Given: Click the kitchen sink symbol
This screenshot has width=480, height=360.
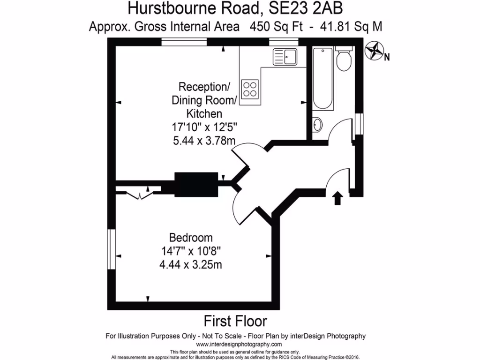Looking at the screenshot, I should pyautogui.click(x=285, y=57).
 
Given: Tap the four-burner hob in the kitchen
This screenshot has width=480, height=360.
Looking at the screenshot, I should pyautogui.click(x=250, y=89).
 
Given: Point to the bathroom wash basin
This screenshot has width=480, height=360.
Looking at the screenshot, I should pyautogui.click(x=317, y=125).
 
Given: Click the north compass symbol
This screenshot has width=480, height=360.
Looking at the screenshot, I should pyautogui.click(x=374, y=51).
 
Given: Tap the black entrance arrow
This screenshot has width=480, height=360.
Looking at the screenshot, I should pyautogui.click(x=337, y=198).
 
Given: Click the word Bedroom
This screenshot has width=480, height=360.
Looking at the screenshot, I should pyautogui.click(x=191, y=238).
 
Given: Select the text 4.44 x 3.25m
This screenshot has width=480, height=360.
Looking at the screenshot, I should pyautogui.click(x=191, y=265).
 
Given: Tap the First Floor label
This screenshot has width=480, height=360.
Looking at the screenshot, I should pyautogui.click(x=235, y=321).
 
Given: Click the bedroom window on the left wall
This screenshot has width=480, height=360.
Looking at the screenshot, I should pyautogui.click(x=111, y=249).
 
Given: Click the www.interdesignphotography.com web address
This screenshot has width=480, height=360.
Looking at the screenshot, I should pyautogui.click(x=235, y=344).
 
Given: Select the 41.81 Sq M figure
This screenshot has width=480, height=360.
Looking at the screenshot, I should pyautogui.click(x=351, y=27).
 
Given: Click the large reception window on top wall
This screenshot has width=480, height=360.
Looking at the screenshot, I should pyautogui.click(x=184, y=42).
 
